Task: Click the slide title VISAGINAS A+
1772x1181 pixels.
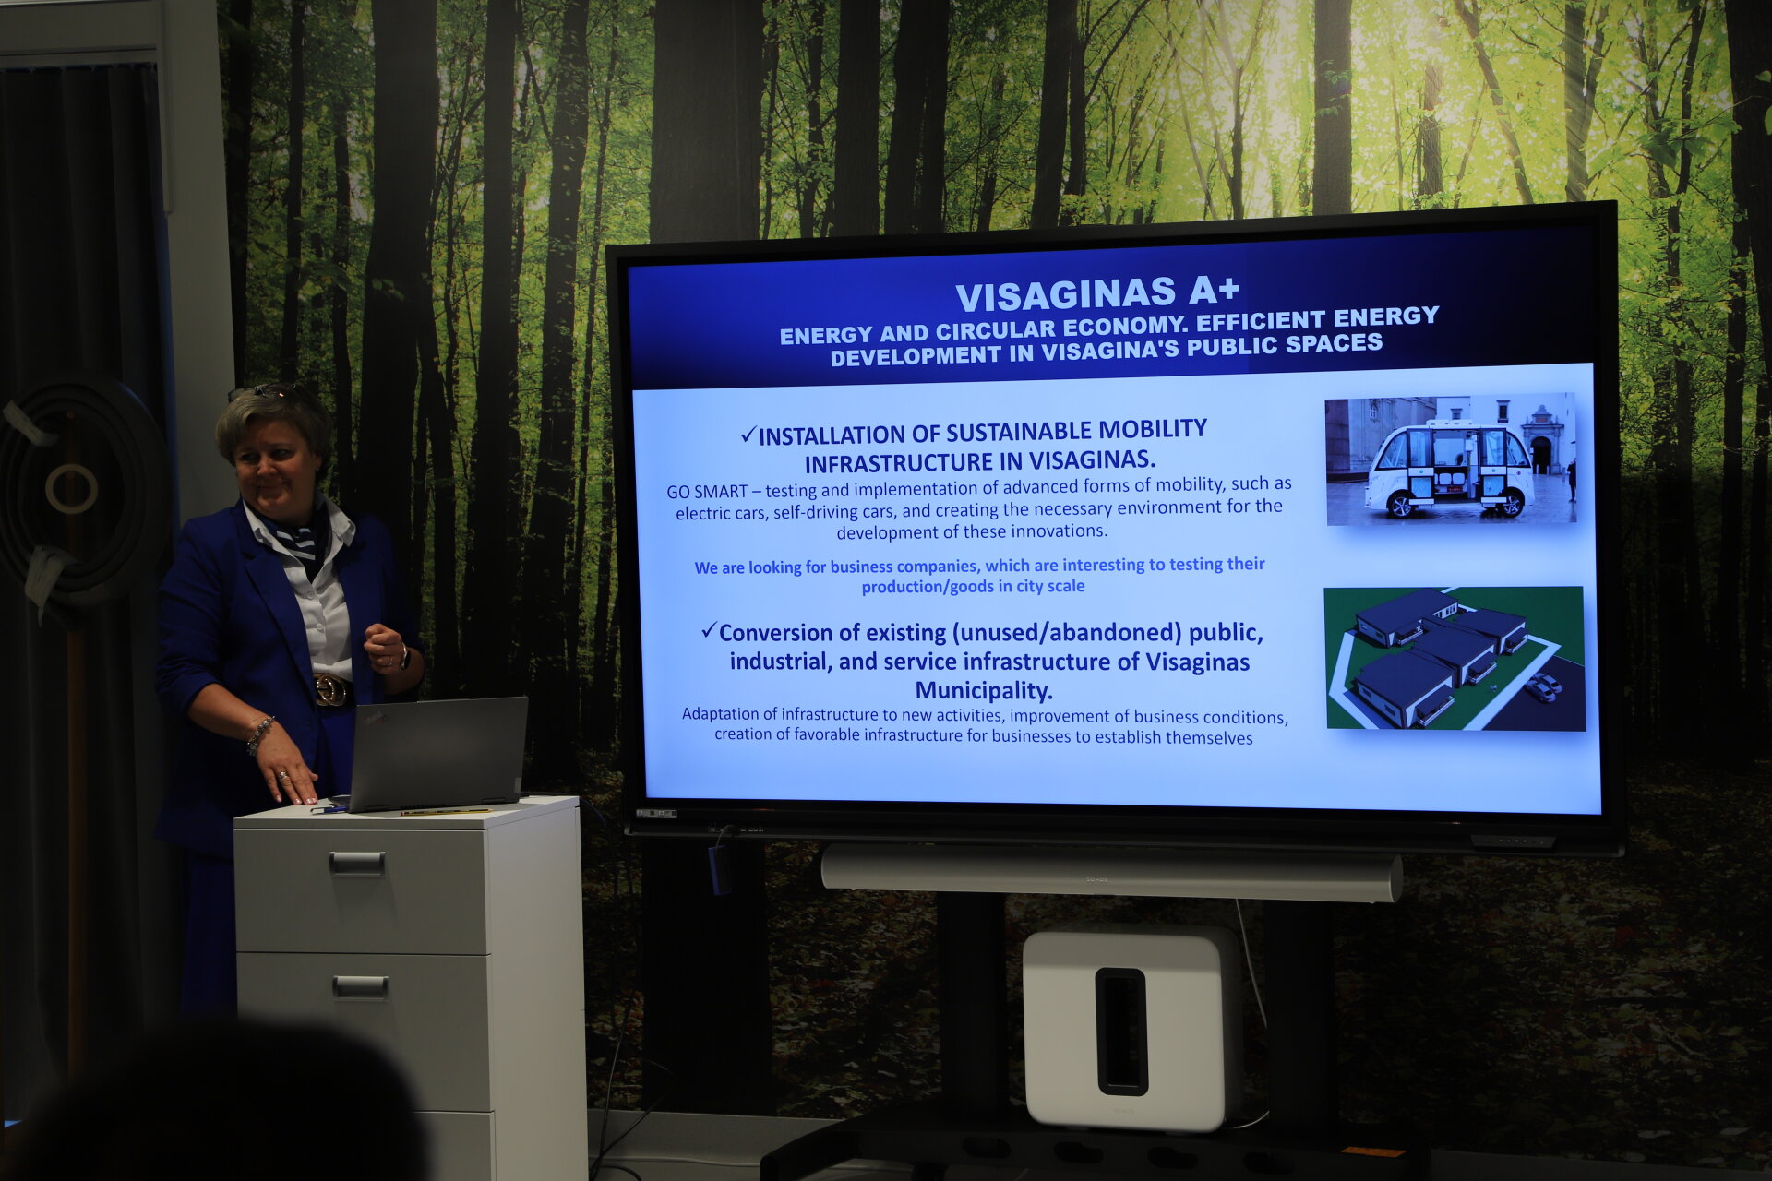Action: pos(1097,293)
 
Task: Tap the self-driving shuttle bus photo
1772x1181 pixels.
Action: pos(1451,459)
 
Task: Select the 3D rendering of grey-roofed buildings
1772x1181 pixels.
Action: pos(1455,658)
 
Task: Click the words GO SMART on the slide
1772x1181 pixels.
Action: pos(707,492)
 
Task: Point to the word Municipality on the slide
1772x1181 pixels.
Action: pos(984,690)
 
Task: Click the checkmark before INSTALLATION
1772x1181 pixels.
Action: pos(748,435)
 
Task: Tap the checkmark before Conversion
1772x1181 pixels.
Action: pos(709,631)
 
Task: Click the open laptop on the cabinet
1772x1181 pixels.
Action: pos(434,754)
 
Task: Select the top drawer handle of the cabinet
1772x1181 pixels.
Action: pos(357,863)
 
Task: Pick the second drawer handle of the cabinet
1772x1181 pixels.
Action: pos(360,987)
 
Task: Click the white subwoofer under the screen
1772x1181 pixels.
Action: pos(1132,1029)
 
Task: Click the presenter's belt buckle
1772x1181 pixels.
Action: pos(330,690)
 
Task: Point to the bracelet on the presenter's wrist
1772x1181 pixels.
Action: pos(259,734)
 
